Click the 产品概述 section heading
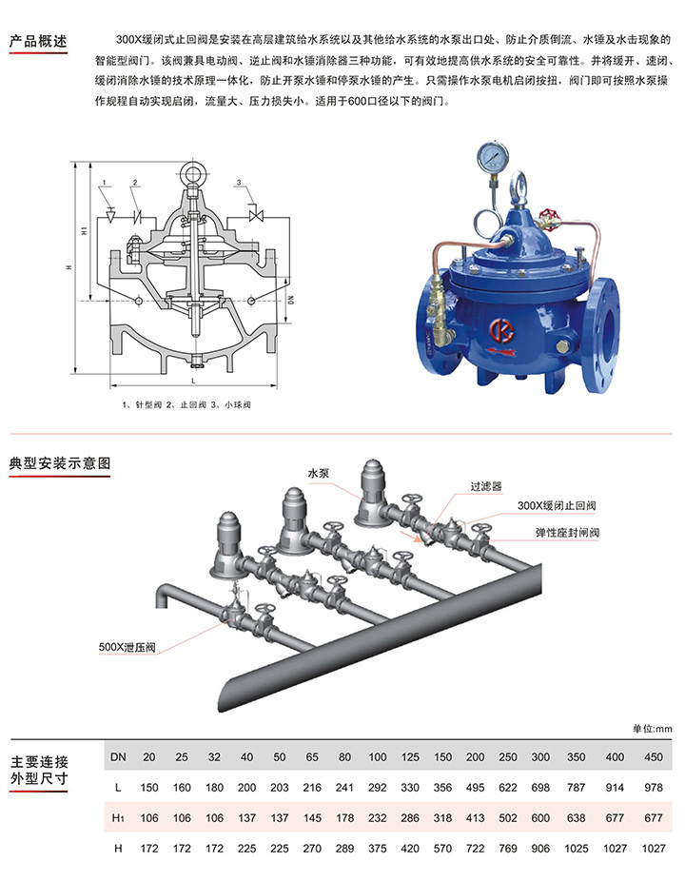point(38,42)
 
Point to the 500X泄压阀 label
point(127,647)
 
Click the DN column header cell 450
point(652,757)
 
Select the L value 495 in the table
point(473,788)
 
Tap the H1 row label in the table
point(118,818)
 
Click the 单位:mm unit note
point(652,729)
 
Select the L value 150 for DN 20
point(149,788)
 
